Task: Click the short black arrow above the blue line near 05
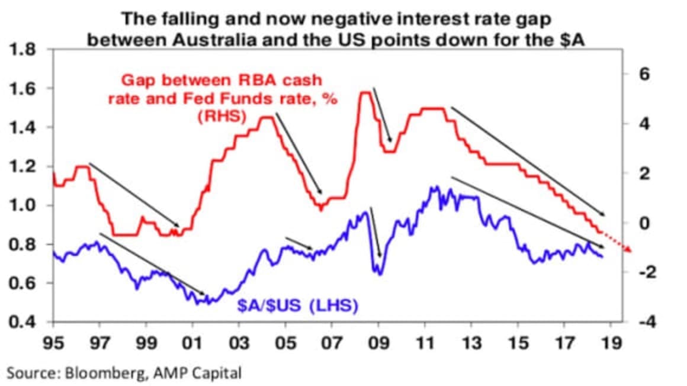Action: click(300, 243)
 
